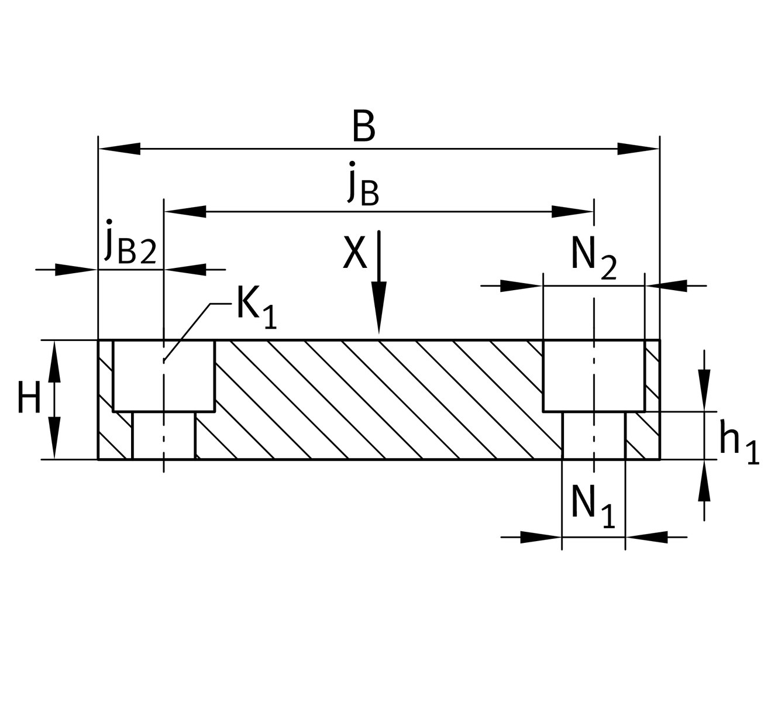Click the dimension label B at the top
[363, 127]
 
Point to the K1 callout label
[256, 307]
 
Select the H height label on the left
[29, 398]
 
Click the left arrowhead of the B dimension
[119, 149]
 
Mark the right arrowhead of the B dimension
[638, 149]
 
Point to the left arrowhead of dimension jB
[185, 211]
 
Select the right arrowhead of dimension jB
[573, 211]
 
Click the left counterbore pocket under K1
[164, 376]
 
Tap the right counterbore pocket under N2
[593, 376]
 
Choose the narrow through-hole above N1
[593, 436]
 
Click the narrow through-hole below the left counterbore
[164, 436]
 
